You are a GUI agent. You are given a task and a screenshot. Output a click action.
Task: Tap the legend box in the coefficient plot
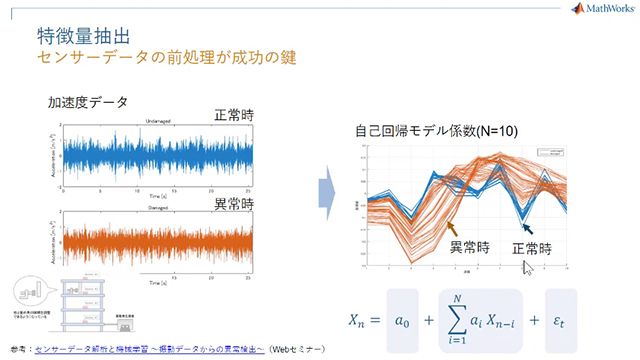click(x=551, y=153)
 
